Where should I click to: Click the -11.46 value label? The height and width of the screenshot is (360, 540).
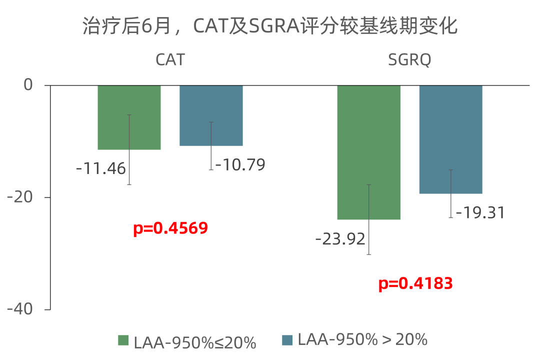tap(100, 168)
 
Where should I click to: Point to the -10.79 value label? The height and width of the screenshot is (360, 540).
tap(240, 164)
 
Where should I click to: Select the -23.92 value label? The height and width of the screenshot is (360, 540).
tap(340, 239)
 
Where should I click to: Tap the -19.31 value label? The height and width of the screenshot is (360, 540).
tap(479, 212)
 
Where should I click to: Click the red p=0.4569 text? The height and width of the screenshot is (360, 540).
tap(170, 228)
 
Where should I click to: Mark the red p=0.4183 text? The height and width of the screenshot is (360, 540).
tap(415, 284)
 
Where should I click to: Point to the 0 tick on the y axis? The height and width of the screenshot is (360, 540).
tap(28, 85)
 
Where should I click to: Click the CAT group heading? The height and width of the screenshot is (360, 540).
tap(170, 60)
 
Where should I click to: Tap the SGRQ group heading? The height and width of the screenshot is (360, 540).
tap(409, 60)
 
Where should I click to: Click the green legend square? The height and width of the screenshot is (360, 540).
tap(123, 340)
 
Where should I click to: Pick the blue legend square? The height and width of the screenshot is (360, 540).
tap(287, 340)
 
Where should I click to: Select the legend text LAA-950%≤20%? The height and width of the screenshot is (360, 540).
tap(194, 342)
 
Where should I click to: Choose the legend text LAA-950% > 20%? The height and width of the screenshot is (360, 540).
tap(362, 339)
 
